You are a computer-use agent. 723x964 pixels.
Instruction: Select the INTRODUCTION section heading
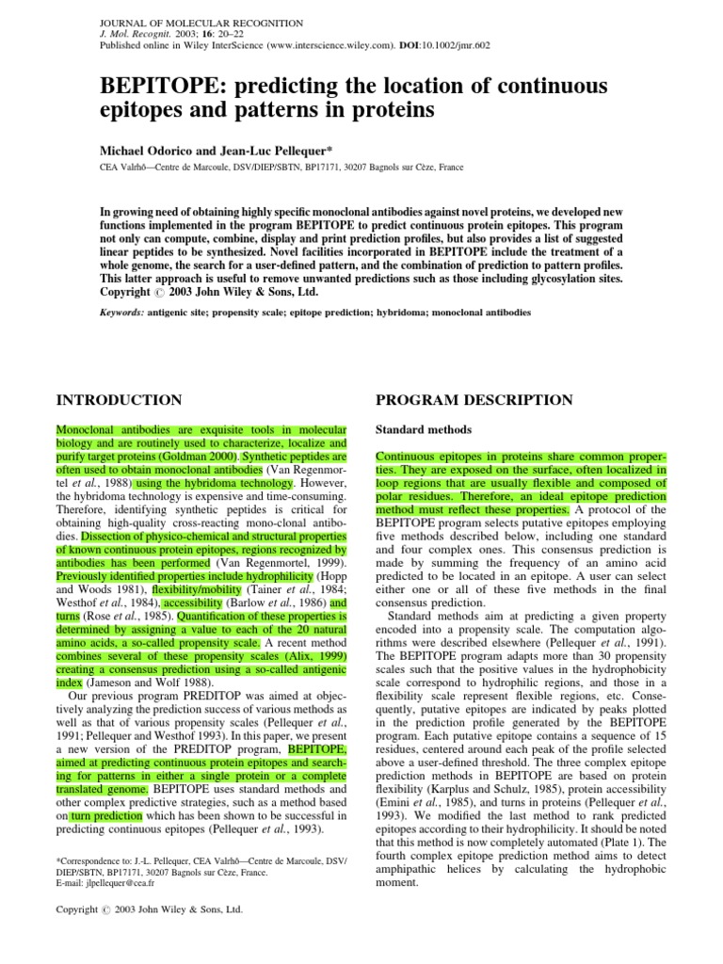[120, 400]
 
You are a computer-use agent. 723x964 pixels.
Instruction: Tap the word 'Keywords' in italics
[128, 310]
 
